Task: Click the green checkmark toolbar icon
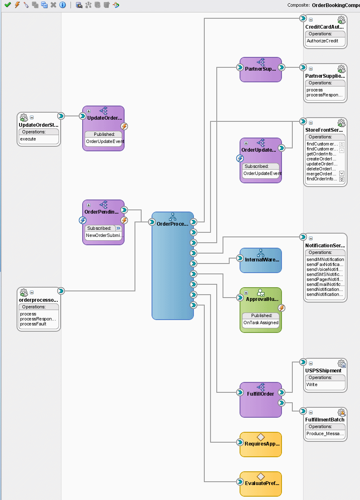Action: [x=8, y=5]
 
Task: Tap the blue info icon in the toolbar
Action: [x=63, y=5]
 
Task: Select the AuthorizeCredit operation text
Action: [x=322, y=41]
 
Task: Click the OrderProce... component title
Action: [x=172, y=224]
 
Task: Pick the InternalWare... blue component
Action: [x=260, y=260]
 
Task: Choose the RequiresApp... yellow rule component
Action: [x=260, y=444]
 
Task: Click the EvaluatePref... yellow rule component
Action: [x=260, y=484]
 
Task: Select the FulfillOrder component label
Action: [x=260, y=394]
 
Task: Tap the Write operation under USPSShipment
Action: [x=312, y=384]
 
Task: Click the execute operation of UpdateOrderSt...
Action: [x=28, y=139]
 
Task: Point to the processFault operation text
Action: [x=33, y=324]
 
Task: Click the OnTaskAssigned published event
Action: [x=261, y=323]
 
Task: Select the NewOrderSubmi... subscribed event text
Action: [x=105, y=235]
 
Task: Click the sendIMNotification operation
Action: [x=325, y=259]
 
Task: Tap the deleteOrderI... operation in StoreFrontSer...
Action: [x=321, y=169]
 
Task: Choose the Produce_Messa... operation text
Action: [x=325, y=433]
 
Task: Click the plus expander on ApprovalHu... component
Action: [x=246, y=293]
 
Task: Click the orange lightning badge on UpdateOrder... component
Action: [x=124, y=126]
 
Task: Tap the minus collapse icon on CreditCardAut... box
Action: [x=311, y=20]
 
